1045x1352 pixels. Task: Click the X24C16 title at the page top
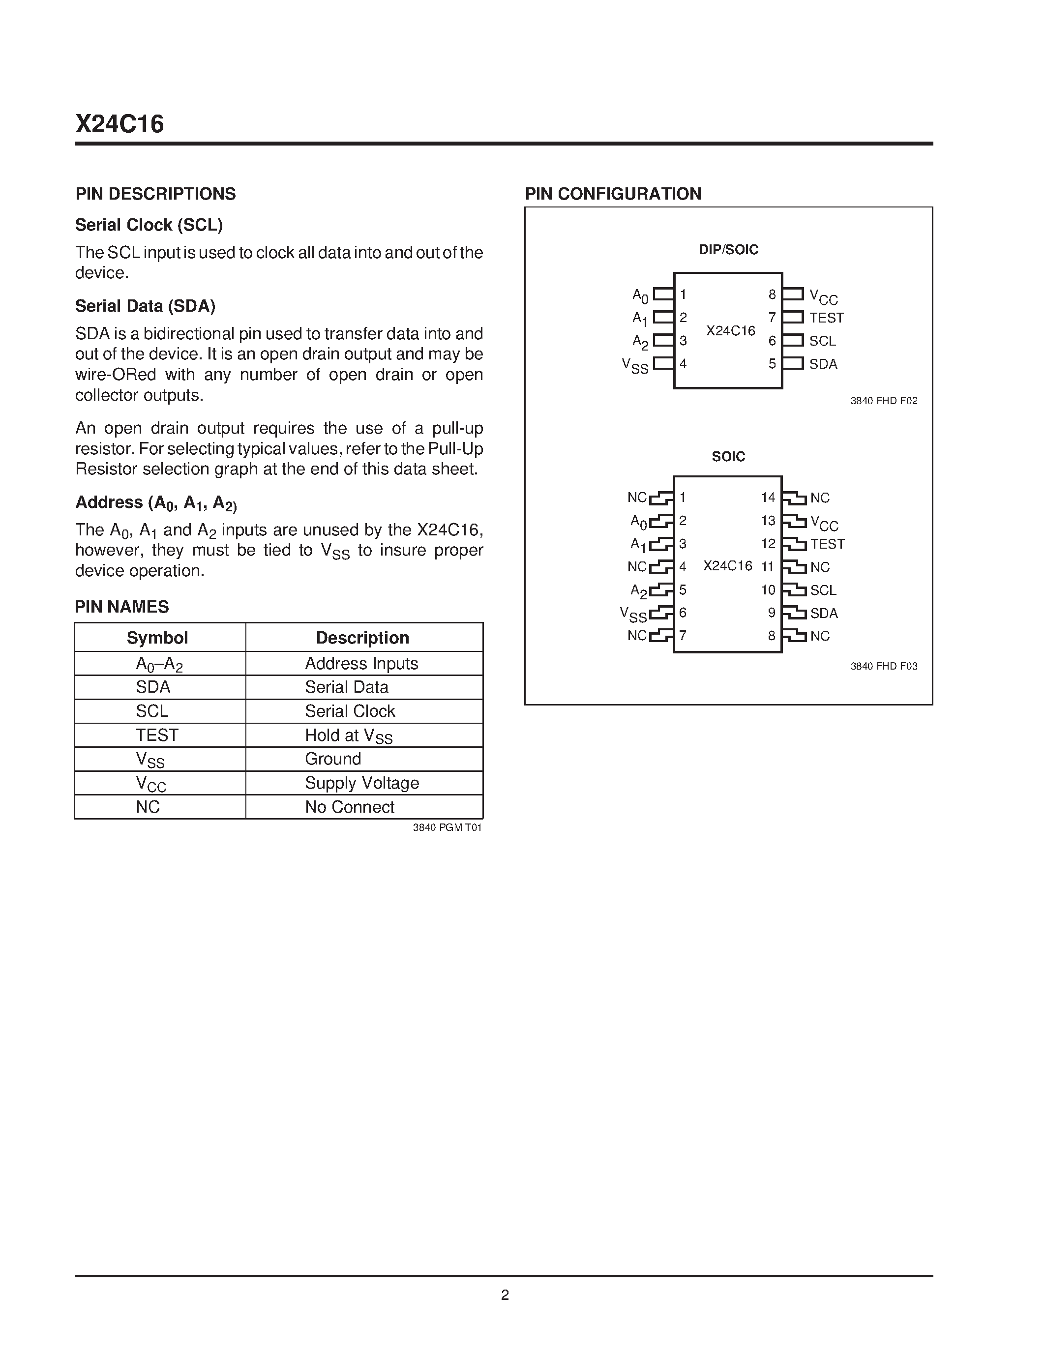[x=119, y=124]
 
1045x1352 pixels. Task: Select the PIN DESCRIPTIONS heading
[x=155, y=194]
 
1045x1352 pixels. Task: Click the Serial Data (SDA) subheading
[x=145, y=306]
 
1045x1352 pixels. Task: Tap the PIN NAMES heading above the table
[x=121, y=607]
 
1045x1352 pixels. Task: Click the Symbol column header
[x=157, y=638]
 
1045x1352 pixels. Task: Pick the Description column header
[x=362, y=638]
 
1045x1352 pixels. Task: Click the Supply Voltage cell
[x=361, y=783]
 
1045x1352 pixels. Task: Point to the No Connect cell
[x=349, y=807]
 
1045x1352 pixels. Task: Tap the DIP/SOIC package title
[x=728, y=249]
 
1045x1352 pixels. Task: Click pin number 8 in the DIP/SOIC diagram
[x=772, y=294]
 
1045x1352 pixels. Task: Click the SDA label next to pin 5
[x=823, y=364]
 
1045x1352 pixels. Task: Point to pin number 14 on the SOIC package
[x=768, y=497]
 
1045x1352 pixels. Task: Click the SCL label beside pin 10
[x=823, y=590]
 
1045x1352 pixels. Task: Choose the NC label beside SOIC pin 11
[x=820, y=567]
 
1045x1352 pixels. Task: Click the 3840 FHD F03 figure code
[x=883, y=666]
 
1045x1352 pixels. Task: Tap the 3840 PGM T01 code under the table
[x=447, y=827]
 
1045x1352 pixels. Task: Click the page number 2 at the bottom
[x=505, y=1295]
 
